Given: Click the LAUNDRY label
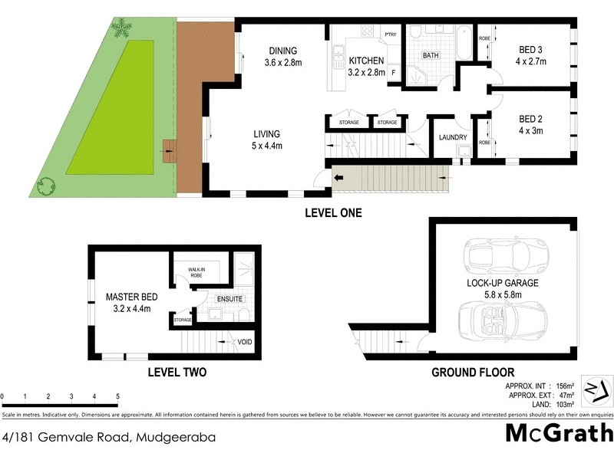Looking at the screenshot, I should pyautogui.click(x=453, y=138).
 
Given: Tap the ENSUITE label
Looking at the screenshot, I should pyautogui.click(x=229, y=298).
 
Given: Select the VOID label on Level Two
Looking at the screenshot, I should pyautogui.click(x=245, y=342).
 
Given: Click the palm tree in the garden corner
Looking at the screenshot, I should pyautogui.click(x=121, y=29).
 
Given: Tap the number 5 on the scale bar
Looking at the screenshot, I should pyautogui.click(x=117, y=396).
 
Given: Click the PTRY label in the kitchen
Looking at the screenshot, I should pyautogui.click(x=391, y=34).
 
